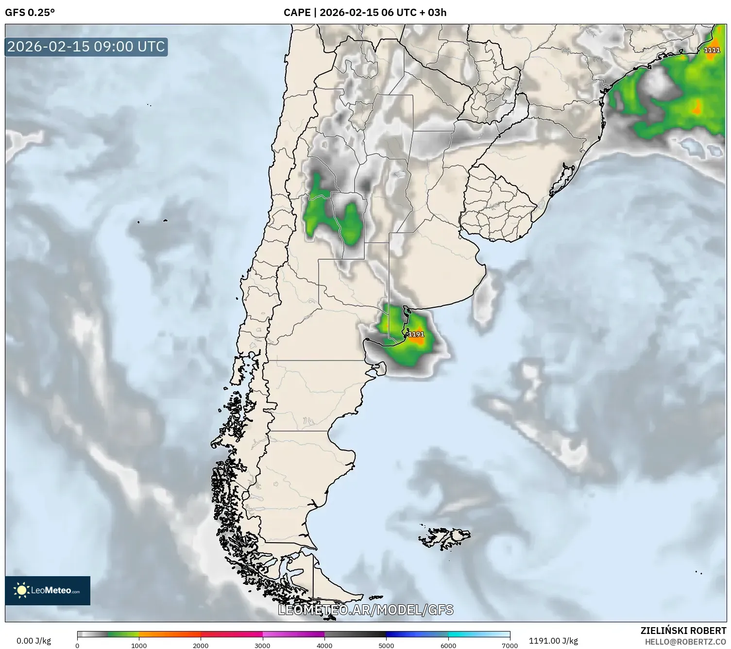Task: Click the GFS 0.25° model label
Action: (30, 13)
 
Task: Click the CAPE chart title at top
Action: (365, 13)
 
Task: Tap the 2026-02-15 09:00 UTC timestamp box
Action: (86, 47)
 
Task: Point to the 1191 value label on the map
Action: (416, 334)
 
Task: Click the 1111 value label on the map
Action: (712, 50)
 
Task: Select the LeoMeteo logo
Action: (48, 590)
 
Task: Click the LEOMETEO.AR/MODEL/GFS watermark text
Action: (365, 610)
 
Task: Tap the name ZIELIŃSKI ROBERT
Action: (683, 631)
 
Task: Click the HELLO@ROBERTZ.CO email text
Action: (685, 642)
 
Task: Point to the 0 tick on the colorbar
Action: (77, 645)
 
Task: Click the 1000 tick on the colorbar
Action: (139, 645)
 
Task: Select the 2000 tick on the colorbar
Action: (201, 645)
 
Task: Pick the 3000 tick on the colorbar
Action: (262, 645)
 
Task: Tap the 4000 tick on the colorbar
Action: (324, 645)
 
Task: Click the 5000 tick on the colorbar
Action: (386, 645)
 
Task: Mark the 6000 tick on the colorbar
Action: (448, 645)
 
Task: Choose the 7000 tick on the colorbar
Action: (510, 645)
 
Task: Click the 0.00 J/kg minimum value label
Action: (34, 641)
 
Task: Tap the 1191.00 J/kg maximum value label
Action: (553, 641)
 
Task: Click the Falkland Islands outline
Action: (444, 538)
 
